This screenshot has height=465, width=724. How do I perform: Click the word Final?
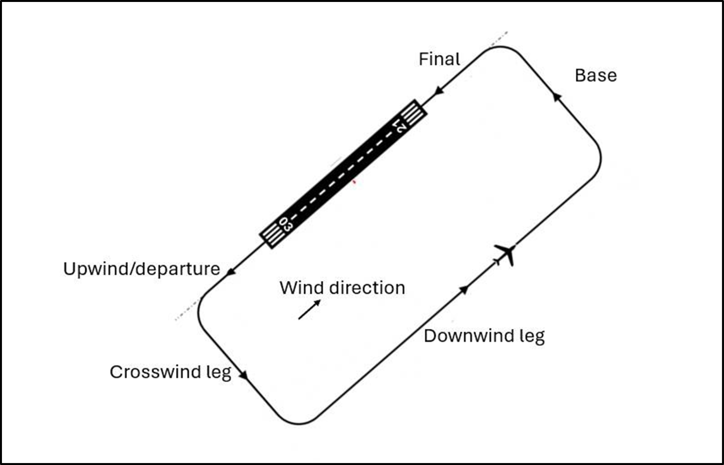[439, 59]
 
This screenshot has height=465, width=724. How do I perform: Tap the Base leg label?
[596, 75]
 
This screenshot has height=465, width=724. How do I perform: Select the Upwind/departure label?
[142, 269]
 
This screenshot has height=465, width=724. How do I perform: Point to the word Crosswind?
[155, 372]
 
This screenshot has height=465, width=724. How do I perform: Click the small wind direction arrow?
[309, 309]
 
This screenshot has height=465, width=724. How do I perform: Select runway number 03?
[286, 225]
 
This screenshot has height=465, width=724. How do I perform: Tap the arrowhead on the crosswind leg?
[243, 375]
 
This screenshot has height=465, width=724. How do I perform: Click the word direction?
[367, 288]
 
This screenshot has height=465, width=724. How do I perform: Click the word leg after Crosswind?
[219, 372]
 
